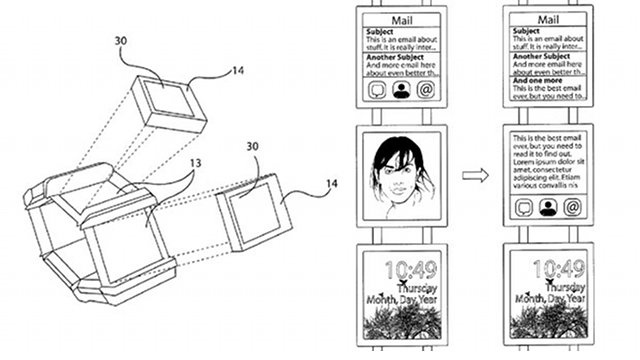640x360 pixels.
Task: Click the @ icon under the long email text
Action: tap(572, 208)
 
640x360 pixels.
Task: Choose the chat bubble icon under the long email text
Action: tap(523, 208)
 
